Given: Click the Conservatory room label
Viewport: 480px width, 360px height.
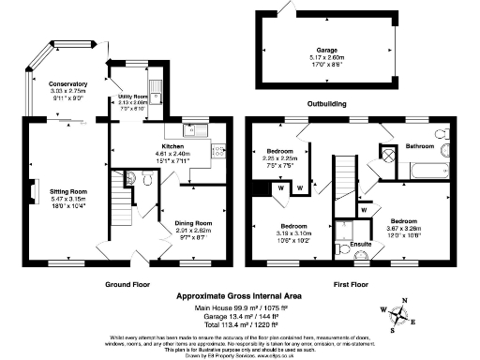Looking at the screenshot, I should pos(67,83).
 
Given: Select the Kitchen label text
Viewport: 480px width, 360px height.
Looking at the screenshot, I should pos(172,147).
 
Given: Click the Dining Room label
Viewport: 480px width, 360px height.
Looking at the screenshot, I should pos(195,222).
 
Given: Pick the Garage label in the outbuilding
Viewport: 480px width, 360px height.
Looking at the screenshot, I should pos(320,51).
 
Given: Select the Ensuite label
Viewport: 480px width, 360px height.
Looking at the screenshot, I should pos(360,245).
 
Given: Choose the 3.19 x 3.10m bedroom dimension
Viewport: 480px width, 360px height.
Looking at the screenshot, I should pos(295,233).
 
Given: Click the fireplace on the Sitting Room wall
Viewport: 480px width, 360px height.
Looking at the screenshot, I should pos(33,191).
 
